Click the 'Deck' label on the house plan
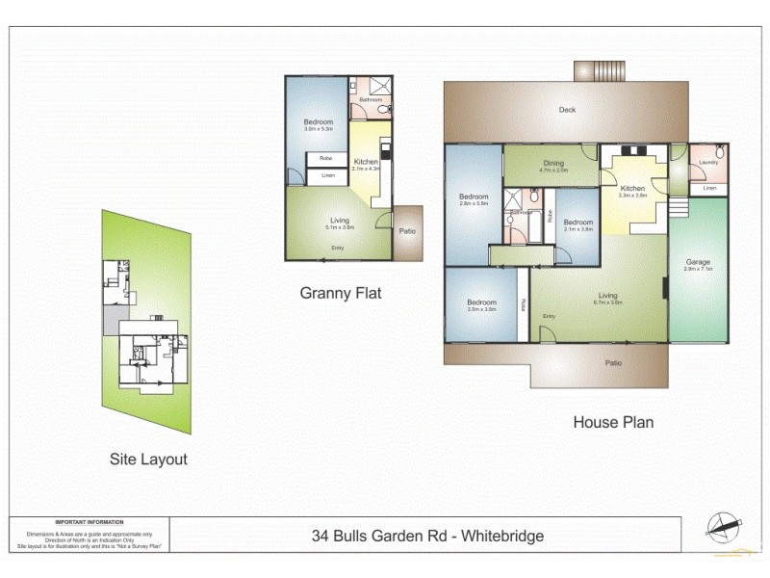(568, 110)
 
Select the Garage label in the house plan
(698, 262)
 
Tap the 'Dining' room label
(553, 163)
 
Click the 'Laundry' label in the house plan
(709, 163)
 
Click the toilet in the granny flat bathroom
(383, 111)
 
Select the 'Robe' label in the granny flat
(326, 158)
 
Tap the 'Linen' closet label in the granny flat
(327, 176)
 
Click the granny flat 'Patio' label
(408, 230)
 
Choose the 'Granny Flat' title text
(341, 293)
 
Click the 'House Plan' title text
(613, 422)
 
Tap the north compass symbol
(724, 526)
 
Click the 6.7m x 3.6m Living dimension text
(607, 302)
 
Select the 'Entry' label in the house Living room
(549, 317)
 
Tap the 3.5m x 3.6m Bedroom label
(481, 309)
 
